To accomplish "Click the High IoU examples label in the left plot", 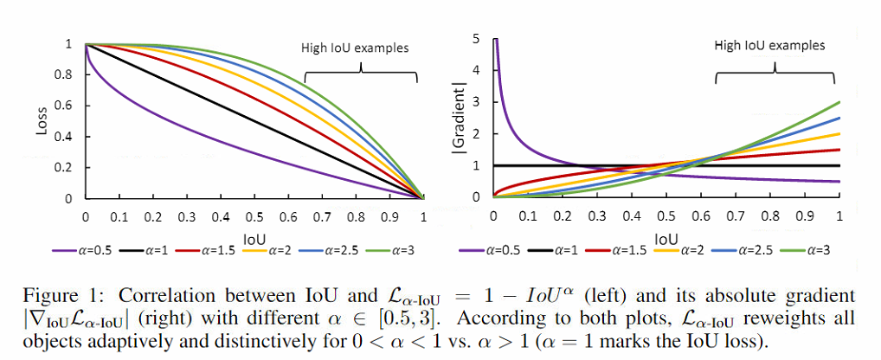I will [x=354, y=48].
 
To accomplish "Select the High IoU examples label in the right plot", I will [x=769, y=45].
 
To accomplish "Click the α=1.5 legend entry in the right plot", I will [x=627, y=251].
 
